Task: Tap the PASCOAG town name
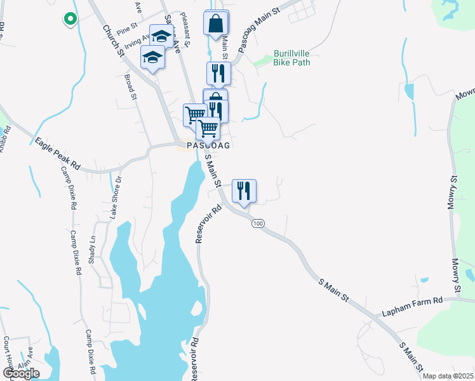click(x=208, y=146)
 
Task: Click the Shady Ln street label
click(x=91, y=246)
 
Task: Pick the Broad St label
click(x=131, y=87)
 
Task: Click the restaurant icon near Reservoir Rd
click(x=244, y=190)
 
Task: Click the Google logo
click(x=20, y=373)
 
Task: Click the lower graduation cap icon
click(x=152, y=58)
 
